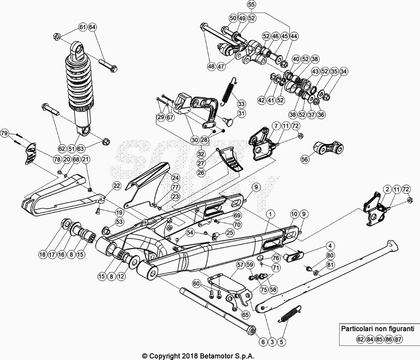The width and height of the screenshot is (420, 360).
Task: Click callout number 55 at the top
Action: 251,5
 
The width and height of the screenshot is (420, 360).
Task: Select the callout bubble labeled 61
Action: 82,27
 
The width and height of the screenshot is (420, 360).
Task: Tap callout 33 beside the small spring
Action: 241,103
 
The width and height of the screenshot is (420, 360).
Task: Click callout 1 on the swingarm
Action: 271,214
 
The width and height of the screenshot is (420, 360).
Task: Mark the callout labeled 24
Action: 175,178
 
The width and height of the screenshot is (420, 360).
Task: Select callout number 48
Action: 211,67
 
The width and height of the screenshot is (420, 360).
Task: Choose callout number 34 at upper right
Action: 343,71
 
